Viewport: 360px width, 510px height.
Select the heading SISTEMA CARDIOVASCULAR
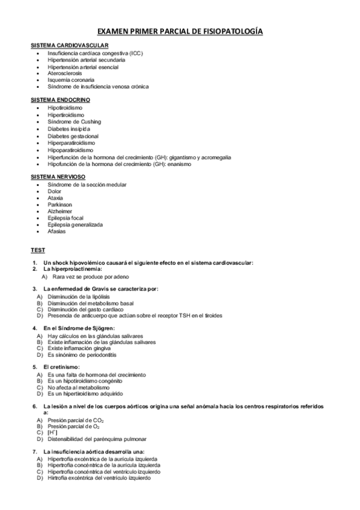point(69,46)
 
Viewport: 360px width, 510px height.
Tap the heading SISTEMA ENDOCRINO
point(61,99)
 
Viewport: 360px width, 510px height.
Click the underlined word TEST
point(37,250)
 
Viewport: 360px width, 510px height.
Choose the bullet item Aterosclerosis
point(65,73)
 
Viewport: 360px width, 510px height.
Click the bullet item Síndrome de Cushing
point(75,121)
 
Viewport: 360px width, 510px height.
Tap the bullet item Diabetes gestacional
point(73,136)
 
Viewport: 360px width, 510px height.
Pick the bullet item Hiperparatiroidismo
point(72,143)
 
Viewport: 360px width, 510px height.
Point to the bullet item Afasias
point(57,232)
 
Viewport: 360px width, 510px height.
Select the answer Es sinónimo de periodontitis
point(86,355)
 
